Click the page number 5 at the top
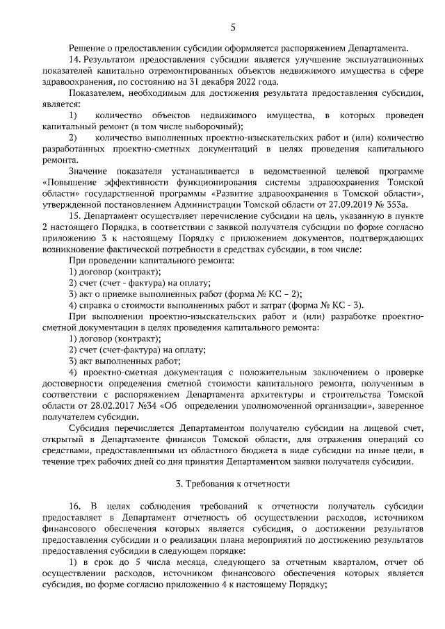233,27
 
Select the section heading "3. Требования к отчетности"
232,483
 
